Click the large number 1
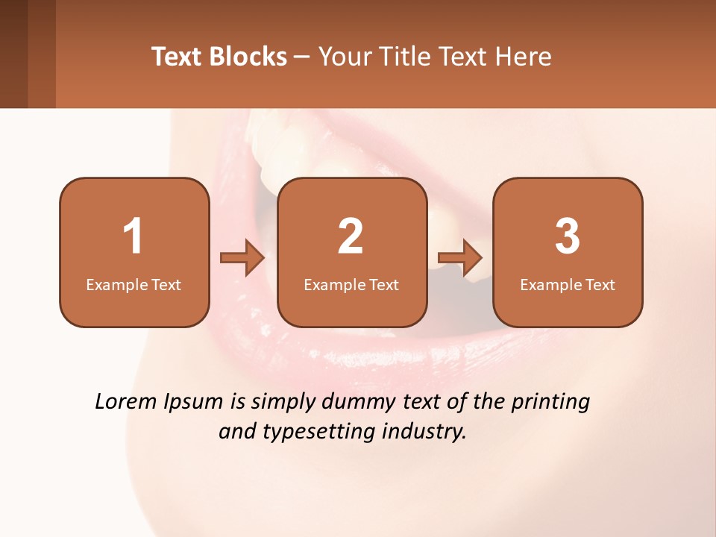tap(134, 236)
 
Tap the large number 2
tap(351, 236)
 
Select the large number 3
tap(568, 236)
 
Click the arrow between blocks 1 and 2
tap(242, 257)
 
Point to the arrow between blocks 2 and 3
tap(460, 257)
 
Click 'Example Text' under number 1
tap(134, 284)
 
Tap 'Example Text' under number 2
tap(351, 284)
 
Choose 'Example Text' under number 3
tap(568, 284)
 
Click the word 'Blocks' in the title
tap(247, 57)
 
